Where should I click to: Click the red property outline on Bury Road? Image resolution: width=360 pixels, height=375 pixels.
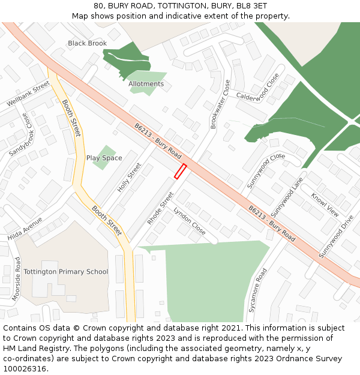pos(180,172)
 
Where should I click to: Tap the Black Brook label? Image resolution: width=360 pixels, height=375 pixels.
pos(87,43)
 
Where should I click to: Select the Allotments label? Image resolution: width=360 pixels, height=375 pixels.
pos(146,84)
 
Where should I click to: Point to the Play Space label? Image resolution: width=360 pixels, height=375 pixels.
pos(104,158)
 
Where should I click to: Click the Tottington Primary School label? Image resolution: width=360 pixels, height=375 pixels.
pos(66,271)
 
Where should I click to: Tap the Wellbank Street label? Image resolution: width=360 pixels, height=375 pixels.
pos(28,94)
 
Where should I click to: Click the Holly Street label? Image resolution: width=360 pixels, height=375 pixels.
pos(129,177)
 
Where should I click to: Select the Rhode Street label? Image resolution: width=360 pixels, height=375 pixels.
pos(160,208)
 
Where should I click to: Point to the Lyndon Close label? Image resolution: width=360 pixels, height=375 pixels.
pos(190,221)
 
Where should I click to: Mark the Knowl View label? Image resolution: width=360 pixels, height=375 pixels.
pos(325,205)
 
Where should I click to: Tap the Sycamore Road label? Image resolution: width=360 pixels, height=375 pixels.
pos(257,291)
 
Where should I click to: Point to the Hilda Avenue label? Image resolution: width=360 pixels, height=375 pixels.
pos(25,229)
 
